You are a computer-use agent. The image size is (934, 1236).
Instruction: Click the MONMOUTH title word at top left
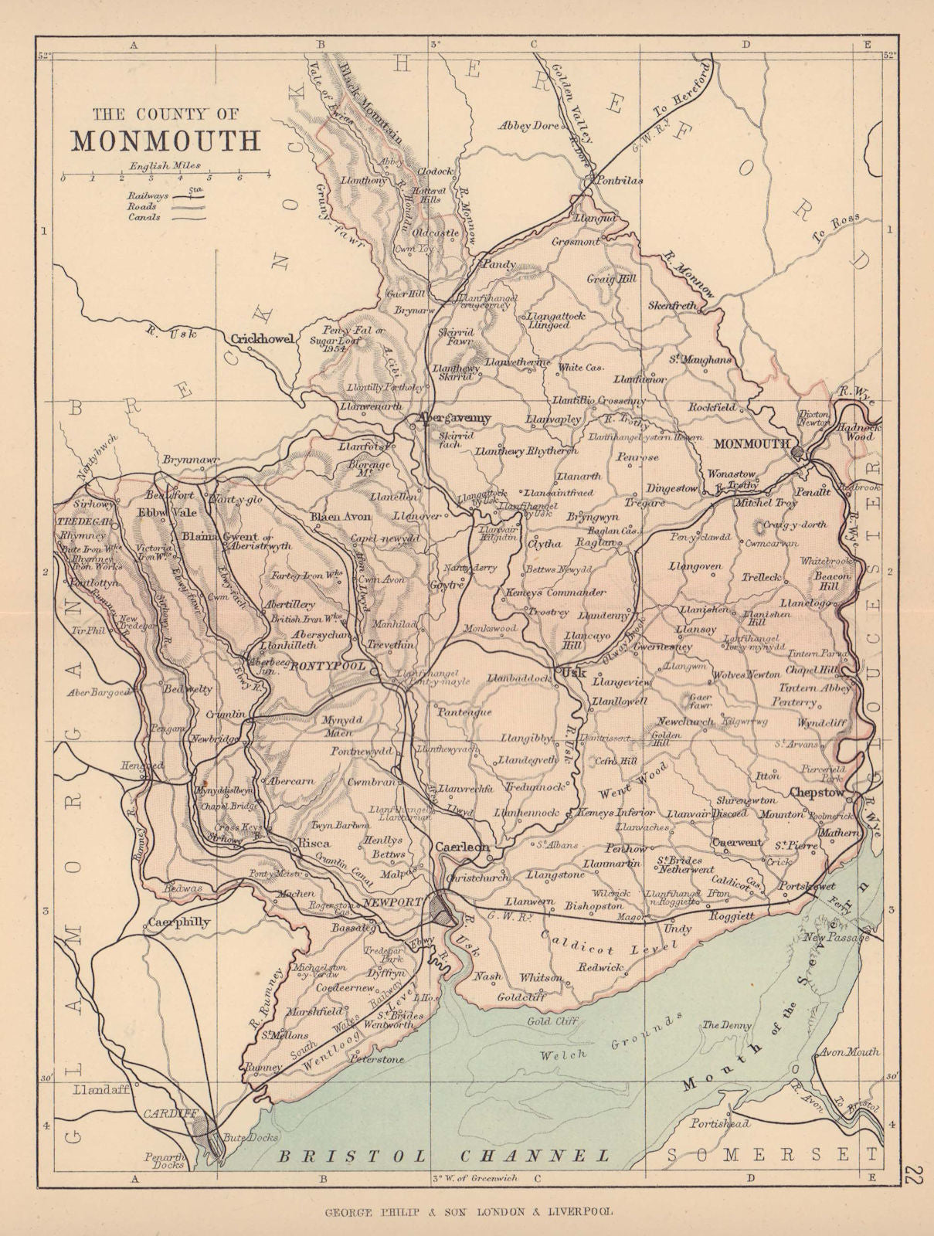coord(166,141)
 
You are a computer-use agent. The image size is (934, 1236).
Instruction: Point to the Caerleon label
coord(462,847)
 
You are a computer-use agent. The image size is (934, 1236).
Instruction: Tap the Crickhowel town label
coord(263,338)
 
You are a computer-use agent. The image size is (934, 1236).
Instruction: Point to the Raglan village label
coord(592,543)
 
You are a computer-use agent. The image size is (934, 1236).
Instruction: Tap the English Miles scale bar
coord(165,177)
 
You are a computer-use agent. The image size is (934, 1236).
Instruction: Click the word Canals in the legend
coord(145,218)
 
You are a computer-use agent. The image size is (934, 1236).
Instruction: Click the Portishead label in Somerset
coord(721,1123)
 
